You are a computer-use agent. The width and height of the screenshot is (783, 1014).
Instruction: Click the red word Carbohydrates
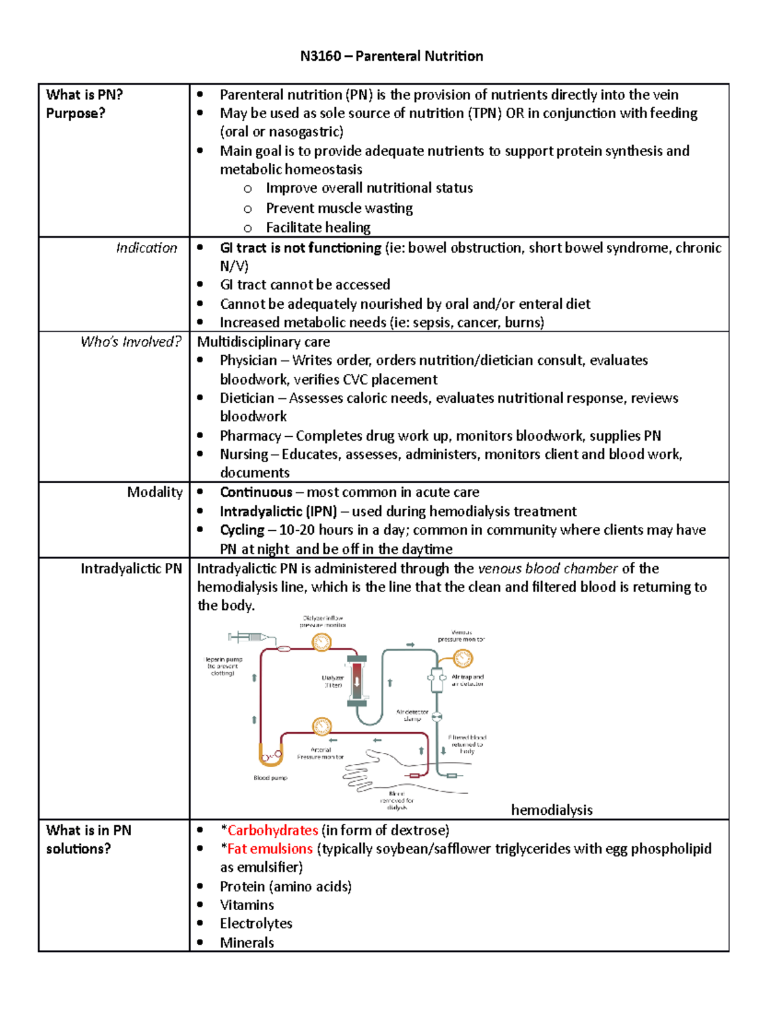click(272, 830)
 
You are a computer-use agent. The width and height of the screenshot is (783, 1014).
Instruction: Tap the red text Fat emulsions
click(269, 849)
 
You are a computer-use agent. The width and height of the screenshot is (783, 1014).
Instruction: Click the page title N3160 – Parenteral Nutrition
click(391, 56)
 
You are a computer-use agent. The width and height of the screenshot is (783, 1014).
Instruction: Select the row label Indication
click(146, 248)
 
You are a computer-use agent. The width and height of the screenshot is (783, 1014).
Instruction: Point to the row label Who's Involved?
click(130, 341)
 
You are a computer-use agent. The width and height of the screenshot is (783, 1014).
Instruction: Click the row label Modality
click(155, 492)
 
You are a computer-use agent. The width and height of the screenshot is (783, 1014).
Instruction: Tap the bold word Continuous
click(256, 492)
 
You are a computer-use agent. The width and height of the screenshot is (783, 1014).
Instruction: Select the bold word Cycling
click(242, 530)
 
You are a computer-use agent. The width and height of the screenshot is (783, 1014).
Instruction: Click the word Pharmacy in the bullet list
click(250, 436)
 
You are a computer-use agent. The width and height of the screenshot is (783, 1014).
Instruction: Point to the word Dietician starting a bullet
click(247, 398)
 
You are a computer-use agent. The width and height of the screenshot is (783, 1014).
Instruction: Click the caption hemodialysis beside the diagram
click(551, 810)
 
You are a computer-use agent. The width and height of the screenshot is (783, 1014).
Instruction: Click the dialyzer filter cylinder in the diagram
click(357, 681)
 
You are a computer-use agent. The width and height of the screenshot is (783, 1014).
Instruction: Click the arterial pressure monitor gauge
click(322, 726)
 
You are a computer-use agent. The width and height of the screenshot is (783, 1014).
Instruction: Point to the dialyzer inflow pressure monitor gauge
click(321, 642)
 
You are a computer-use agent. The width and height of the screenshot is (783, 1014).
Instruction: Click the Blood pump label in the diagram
click(270, 778)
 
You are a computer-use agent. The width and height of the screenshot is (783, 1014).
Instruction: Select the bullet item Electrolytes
click(256, 923)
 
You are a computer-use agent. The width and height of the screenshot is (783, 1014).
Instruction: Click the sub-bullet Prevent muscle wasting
click(339, 208)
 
